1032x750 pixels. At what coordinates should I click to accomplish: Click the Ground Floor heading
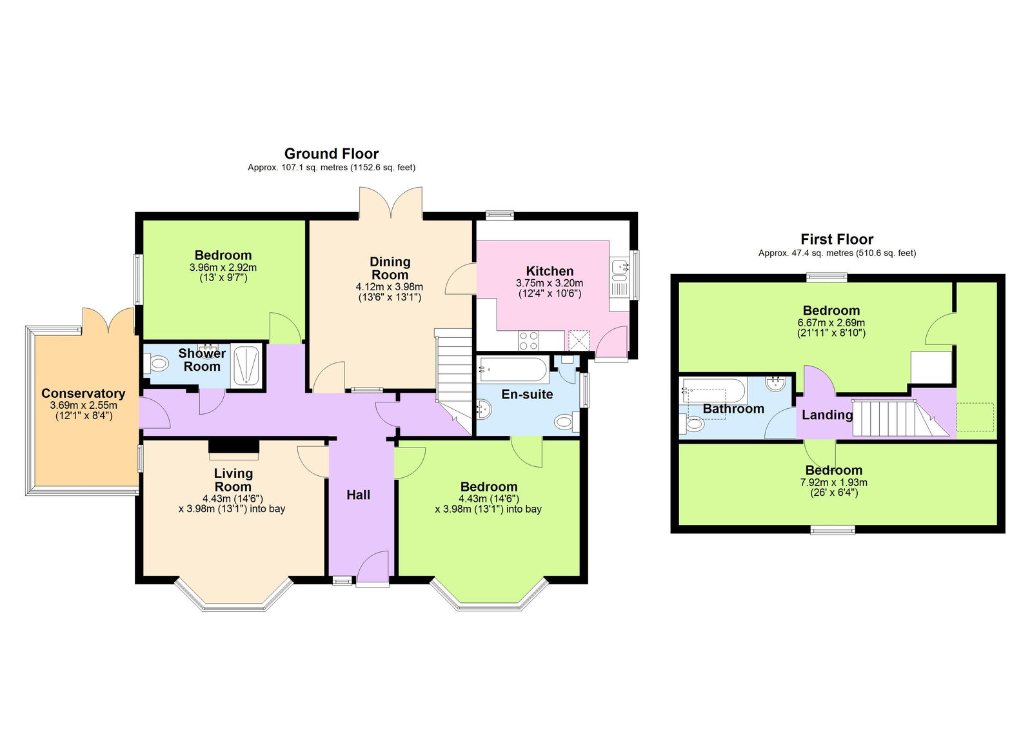click(x=331, y=153)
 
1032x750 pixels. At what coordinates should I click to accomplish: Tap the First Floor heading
click(x=837, y=239)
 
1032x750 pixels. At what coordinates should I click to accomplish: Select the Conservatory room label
click(x=83, y=393)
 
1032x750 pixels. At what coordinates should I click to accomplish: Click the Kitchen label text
click(x=550, y=271)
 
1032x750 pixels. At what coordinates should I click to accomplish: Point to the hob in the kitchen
click(x=529, y=340)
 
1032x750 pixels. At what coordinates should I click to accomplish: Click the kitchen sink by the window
click(x=620, y=266)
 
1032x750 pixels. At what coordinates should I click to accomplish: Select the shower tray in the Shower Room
click(x=246, y=366)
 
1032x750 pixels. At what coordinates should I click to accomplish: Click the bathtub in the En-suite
click(x=513, y=370)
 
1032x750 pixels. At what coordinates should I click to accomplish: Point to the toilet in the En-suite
click(x=564, y=422)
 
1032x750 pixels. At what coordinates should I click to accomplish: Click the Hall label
click(x=358, y=495)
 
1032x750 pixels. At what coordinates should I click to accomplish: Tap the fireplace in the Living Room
click(x=233, y=447)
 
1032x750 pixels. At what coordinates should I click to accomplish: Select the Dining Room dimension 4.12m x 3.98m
click(x=389, y=287)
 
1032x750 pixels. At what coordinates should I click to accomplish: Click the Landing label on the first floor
click(x=827, y=415)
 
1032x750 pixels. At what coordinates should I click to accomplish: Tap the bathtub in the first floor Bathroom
click(x=714, y=390)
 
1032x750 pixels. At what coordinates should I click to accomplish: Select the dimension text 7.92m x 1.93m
click(x=833, y=482)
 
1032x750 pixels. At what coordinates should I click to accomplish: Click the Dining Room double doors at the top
click(x=391, y=203)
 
